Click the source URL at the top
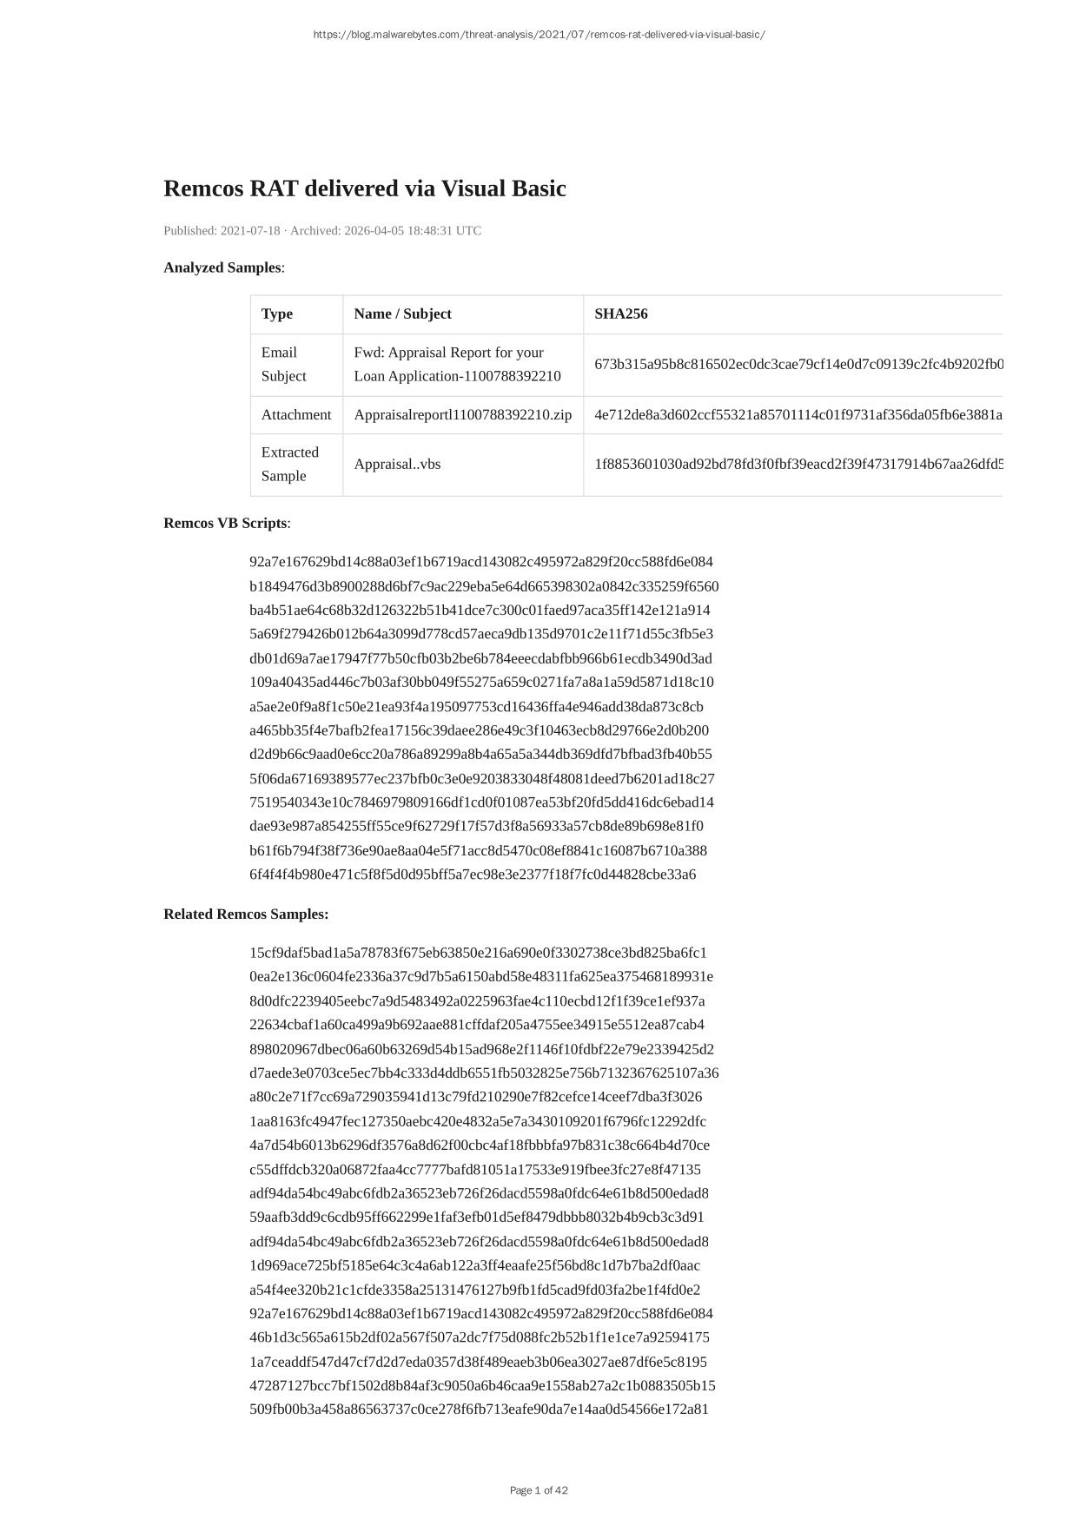click(539, 35)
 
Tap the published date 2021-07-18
click(250, 230)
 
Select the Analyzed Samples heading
click(222, 267)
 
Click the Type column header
click(277, 314)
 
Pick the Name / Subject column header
click(402, 314)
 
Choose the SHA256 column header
click(620, 314)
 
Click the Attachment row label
click(296, 414)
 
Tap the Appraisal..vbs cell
click(397, 464)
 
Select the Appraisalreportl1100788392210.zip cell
click(462, 414)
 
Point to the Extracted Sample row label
click(290, 464)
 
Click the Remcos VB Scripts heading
click(225, 523)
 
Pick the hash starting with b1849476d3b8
click(484, 586)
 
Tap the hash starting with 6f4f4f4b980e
click(473, 875)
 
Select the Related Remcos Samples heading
click(246, 914)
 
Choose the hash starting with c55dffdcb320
click(475, 1169)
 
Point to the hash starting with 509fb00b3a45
click(479, 1409)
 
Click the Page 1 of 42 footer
click(539, 1490)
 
